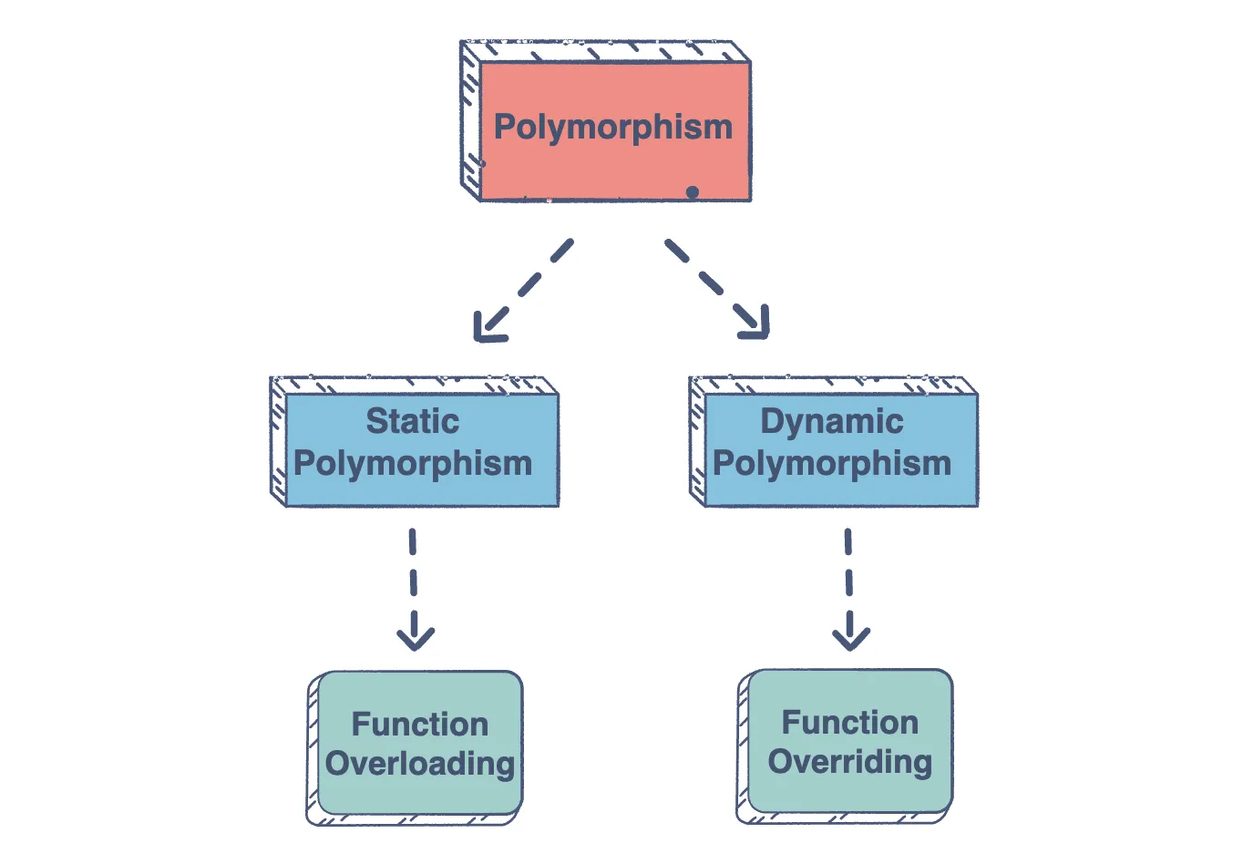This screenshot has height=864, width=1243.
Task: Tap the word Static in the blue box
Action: [x=412, y=421]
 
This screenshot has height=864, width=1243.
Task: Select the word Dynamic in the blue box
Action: [x=831, y=421]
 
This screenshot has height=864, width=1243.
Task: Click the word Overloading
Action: [x=420, y=764]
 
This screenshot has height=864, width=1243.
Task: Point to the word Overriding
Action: [x=849, y=762]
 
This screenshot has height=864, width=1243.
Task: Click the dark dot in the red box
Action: [x=693, y=191]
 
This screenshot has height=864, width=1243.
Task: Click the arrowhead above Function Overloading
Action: [x=416, y=637]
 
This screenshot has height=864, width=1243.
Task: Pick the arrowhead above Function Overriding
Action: [x=851, y=637]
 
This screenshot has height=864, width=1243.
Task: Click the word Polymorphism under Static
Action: [x=413, y=463]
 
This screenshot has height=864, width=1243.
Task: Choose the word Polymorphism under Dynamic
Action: [x=831, y=463]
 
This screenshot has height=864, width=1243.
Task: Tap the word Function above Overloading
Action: [x=420, y=724]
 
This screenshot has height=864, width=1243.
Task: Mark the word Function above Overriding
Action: [x=849, y=722]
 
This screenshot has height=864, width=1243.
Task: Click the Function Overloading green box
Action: [x=420, y=793]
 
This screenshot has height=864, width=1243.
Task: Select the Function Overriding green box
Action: [x=849, y=791]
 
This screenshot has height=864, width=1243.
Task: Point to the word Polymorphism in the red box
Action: [x=613, y=127]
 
